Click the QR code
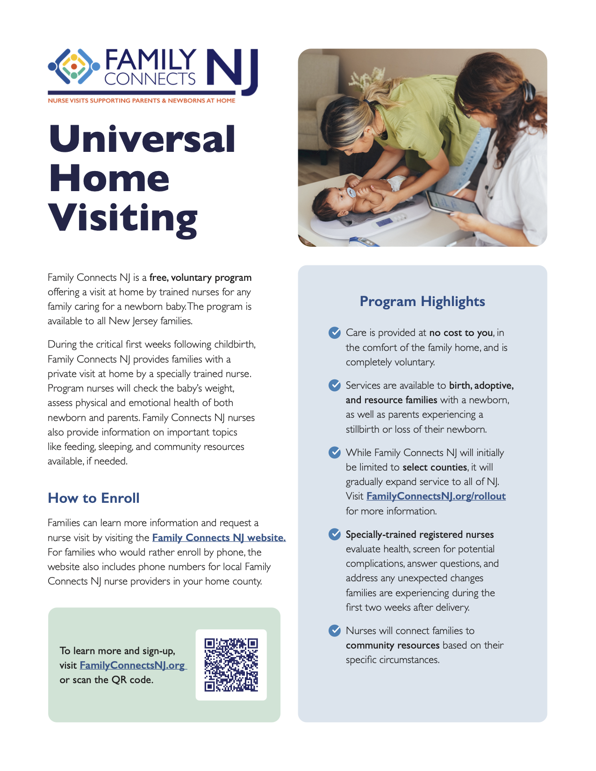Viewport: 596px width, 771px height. point(231,664)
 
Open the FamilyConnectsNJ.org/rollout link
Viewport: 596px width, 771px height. point(436,496)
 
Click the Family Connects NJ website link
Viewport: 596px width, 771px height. point(219,538)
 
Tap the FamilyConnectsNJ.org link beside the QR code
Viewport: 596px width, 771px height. point(133,665)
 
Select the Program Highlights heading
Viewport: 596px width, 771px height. point(422,301)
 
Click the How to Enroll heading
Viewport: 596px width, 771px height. point(93,498)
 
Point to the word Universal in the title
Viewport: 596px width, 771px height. point(142,139)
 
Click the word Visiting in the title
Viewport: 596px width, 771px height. point(123,218)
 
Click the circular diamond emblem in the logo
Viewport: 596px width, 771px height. point(74,66)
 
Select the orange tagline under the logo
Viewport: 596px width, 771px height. point(141,100)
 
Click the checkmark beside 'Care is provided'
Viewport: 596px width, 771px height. point(335,333)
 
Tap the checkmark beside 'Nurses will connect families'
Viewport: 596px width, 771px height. point(335,631)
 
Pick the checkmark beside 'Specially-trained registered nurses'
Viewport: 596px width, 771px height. point(335,534)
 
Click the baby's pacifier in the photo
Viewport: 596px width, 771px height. point(350,192)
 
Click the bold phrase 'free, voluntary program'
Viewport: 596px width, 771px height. point(200,278)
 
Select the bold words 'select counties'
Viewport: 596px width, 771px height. point(435,467)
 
